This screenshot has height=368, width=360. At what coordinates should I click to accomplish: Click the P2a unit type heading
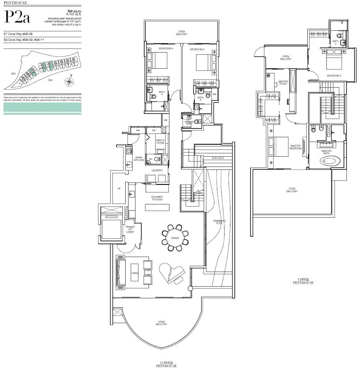tap(17, 17)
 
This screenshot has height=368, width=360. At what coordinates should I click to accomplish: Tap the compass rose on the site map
tap(69, 81)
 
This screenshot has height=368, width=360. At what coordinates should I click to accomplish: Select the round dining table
tap(175, 238)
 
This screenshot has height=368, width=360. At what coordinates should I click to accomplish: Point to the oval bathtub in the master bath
tap(331, 161)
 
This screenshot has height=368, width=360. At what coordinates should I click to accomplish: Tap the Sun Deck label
tap(218, 158)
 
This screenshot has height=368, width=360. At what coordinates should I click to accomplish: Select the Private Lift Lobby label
tap(130, 229)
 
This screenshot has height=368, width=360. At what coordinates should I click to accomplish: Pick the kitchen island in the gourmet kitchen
tap(157, 207)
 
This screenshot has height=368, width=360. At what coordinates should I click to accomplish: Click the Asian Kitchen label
tap(139, 158)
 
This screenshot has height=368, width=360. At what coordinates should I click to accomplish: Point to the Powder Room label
tap(189, 123)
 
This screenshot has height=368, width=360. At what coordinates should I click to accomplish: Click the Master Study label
tap(283, 83)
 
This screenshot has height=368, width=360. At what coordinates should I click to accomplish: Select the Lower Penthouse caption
tap(166, 364)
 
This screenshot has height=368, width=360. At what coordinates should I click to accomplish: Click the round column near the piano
tap(190, 288)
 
